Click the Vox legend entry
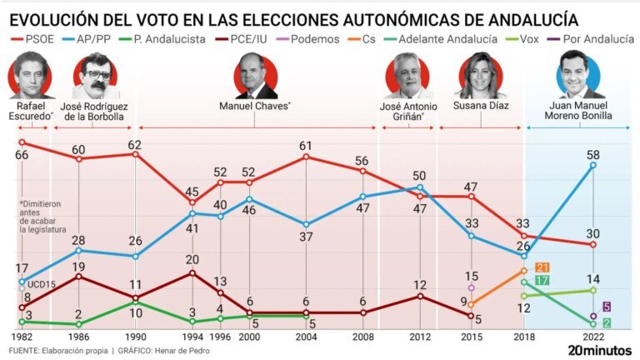[522, 39]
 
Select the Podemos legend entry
[307, 39]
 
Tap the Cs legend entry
[361, 39]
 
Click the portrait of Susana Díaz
[480, 75]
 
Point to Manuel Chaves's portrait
[256, 76]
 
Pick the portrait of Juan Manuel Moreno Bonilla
[578, 74]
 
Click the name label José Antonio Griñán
[408, 112]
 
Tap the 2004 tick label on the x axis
[306, 337]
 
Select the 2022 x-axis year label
[593, 337]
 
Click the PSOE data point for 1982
[22, 142]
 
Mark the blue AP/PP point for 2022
[593, 165]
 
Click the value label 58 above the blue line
[593, 155]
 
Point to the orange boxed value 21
[542, 267]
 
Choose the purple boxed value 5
[607, 307]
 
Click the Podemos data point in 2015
[472, 287]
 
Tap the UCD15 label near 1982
[41, 284]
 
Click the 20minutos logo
[600, 350]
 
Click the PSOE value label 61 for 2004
[305, 146]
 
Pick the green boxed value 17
[542, 280]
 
